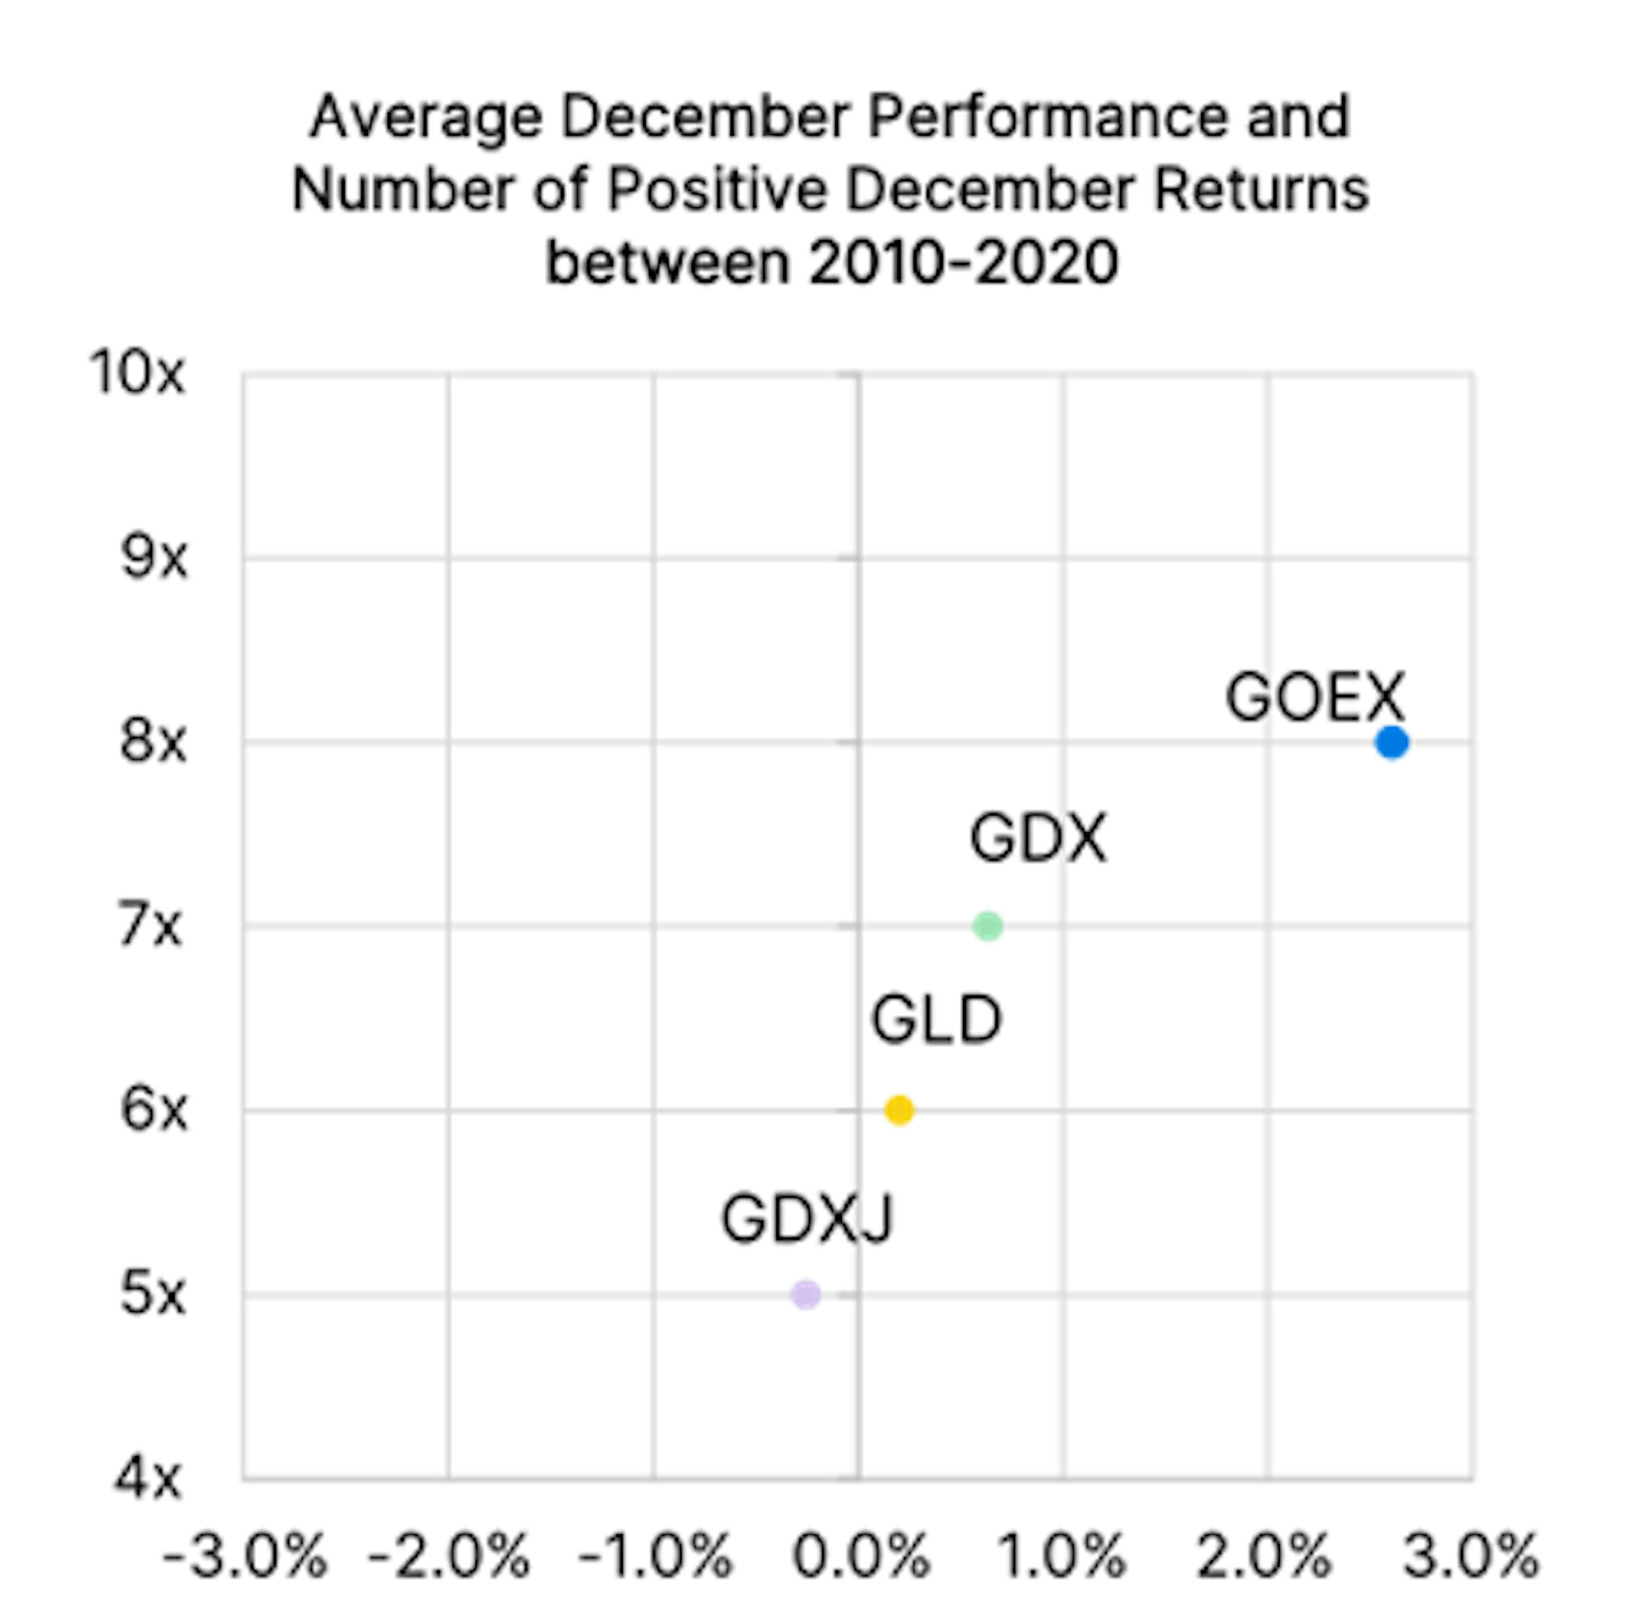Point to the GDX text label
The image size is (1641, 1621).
tap(1038, 838)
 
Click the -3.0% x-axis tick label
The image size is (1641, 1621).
tap(244, 1556)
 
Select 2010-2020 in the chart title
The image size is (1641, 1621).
tap(962, 262)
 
